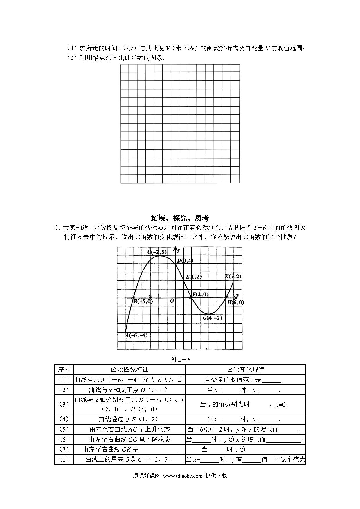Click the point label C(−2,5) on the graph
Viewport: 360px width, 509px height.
click(157, 252)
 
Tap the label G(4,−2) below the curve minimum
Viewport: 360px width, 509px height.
click(212, 317)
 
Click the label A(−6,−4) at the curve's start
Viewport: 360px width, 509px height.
click(136, 335)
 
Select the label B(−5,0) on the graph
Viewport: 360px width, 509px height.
click(143, 302)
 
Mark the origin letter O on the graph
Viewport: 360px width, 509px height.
click(172, 301)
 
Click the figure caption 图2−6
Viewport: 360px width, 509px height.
click(180, 360)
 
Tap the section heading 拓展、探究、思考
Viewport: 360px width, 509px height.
click(180, 218)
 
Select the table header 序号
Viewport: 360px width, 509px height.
click(64, 369)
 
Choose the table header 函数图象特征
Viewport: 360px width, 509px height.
click(129, 369)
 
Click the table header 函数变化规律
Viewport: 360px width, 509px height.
click(246, 369)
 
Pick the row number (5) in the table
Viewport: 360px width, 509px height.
click(64, 429)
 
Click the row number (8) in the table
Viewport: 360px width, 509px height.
click(64, 459)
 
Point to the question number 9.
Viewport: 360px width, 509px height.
click(57, 228)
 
